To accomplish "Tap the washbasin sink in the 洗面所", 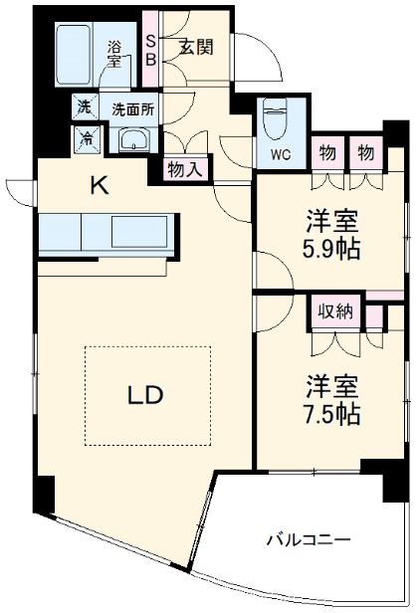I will [x=136, y=140].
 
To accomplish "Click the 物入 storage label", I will [x=185, y=169].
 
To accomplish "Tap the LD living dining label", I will [x=145, y=394].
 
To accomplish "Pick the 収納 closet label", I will [x=335, y=310].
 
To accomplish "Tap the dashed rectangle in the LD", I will [x=146, y=395].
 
